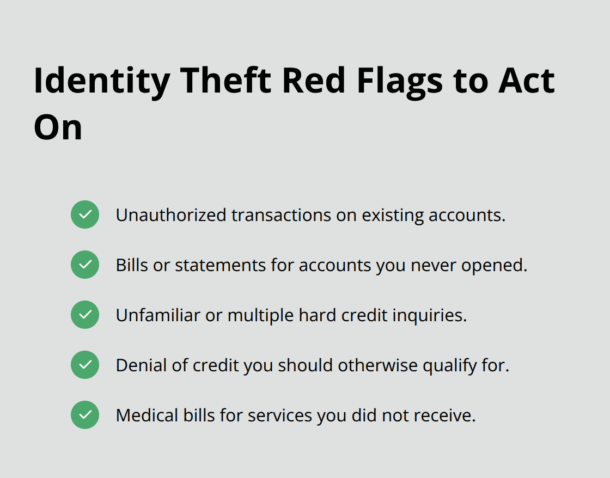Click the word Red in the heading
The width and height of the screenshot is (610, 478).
coord(314,81)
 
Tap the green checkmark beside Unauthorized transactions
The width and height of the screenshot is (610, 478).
coord(85,215)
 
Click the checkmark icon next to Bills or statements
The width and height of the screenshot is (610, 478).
coord(85,265)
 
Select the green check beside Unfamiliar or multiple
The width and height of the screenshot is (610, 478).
coord(85,315)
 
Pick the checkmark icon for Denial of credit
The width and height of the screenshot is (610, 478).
coord(85,365)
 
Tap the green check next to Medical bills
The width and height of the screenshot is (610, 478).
coord(85,415)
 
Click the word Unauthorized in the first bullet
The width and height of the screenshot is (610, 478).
coord(170,215)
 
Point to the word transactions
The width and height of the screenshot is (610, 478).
coord(280,215)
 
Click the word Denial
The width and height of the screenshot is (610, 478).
coord(142,365)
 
